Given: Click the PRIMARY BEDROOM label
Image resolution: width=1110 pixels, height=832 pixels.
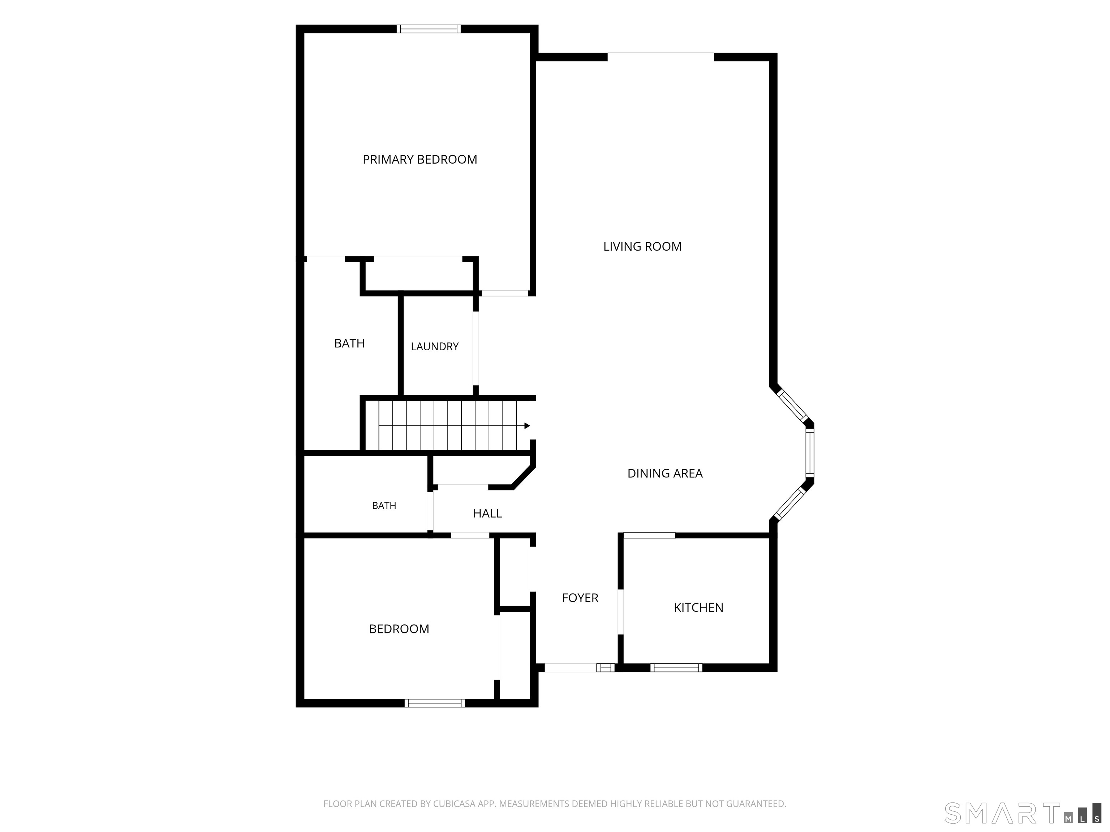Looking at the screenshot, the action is (420, 160).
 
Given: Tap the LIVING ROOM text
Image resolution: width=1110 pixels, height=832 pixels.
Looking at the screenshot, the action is (642, 246).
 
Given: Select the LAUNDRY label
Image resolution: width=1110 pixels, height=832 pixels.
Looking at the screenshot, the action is (435, 347).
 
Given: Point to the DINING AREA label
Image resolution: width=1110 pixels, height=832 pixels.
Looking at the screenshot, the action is (665, 473).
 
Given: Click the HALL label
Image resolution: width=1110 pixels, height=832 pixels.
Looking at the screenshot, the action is (487, 513).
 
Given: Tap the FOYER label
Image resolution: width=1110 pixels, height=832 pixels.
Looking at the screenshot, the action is (580, 598).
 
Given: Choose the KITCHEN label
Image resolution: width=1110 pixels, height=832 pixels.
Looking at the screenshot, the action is (698, 607).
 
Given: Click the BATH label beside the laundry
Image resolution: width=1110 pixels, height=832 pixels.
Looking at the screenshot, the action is (349, 343).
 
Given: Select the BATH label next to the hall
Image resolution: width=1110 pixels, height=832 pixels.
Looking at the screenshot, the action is (384, 506).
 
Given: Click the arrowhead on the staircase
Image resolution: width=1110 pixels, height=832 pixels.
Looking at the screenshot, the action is (527, 426).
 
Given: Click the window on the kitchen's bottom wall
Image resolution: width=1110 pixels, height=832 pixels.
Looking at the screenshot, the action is (676, 667).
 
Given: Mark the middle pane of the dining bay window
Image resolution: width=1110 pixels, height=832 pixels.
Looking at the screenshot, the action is (809, 453).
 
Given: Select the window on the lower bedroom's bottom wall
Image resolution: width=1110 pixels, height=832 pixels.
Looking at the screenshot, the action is (435, 703).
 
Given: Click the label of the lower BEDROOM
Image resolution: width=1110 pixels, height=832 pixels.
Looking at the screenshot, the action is (399, 629).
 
